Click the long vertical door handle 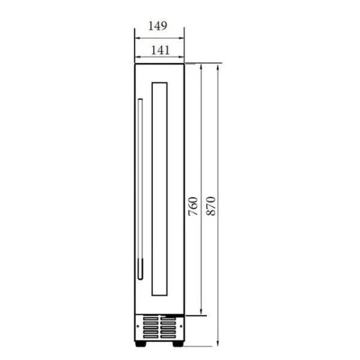[140, 189]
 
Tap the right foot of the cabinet [179, 344]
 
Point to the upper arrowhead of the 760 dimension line [201, 65]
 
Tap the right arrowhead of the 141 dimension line [182, 58]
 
